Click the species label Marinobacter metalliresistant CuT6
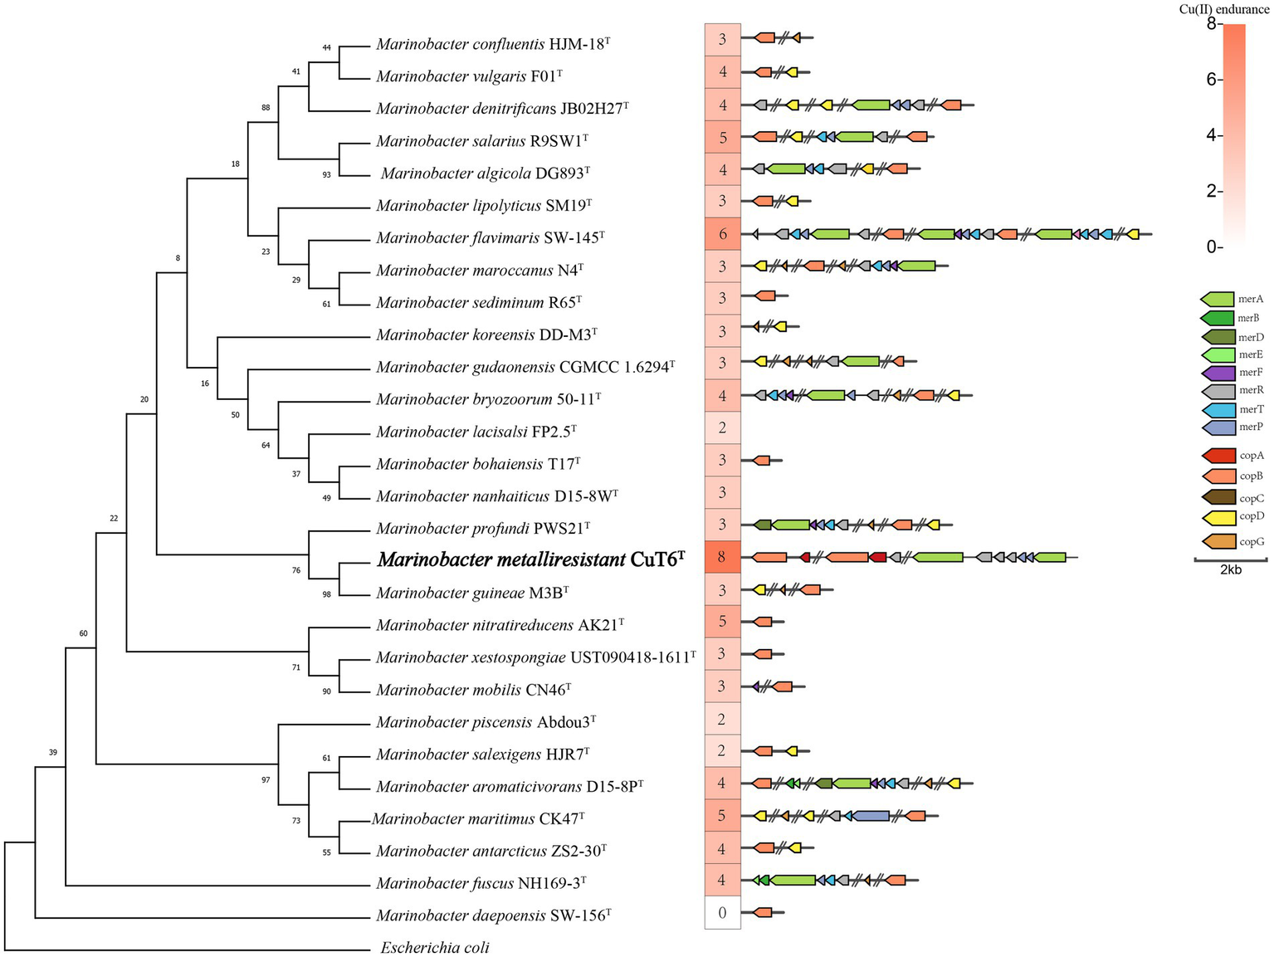(x=531, y=559)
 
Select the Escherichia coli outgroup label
(x=435, y=947)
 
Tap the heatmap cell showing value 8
(x=722, y=557)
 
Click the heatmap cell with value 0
(x=722, y=913)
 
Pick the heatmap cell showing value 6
(x=722, y=234)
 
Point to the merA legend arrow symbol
(x=1217, y=299)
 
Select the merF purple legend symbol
(x=1217, y=373)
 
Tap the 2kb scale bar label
(x=1230, y=570)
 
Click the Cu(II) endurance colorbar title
(x=1223, y=10)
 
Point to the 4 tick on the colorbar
(x=1212, y=135)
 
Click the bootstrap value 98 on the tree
(x=326, y=594)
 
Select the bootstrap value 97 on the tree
(x=266, y=780)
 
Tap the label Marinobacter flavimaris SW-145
(x=490, y=238)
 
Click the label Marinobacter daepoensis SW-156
(x=494, y=915)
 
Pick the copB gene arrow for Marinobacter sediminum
(x=765, y=296)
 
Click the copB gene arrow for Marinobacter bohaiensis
(x=761, y=460)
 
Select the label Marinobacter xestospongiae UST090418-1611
(x=535, y=657)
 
